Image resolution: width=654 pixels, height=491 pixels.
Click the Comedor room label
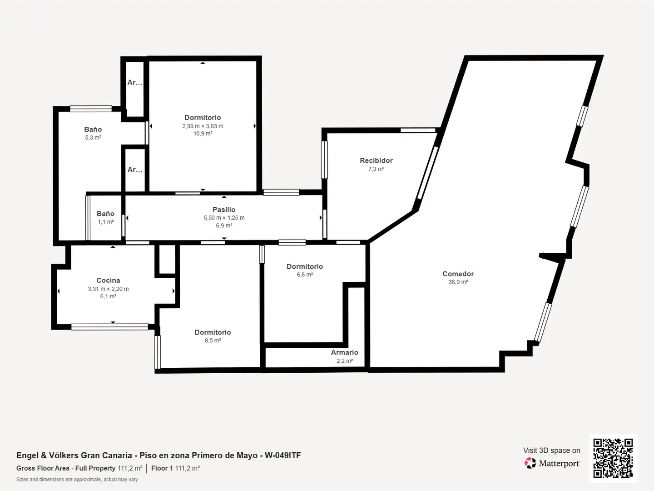(458, 274)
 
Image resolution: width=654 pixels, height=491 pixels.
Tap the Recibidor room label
(376, 160)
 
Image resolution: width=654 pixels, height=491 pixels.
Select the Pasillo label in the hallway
(224, 210)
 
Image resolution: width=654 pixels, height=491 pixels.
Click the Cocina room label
(108, 280)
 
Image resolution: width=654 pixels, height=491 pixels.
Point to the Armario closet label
(344, 352)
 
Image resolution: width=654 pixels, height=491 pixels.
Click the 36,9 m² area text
(458, 282)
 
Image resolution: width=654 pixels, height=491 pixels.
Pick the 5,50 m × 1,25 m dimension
(224, 218)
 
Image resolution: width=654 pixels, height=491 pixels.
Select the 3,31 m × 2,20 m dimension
(108, 289)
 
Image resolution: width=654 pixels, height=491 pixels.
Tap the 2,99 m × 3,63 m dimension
(203, 126)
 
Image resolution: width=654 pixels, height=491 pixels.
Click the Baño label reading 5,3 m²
(93, 130)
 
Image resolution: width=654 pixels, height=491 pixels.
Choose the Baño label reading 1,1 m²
(105, 214)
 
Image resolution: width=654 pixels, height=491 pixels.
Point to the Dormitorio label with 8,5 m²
(213, 332)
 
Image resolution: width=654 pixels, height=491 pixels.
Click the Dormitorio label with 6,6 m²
(304, 266)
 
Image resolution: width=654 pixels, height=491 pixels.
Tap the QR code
(613, 458)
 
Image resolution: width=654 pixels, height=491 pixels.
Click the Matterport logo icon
(530, 463)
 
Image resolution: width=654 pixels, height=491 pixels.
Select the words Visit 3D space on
(551, 451)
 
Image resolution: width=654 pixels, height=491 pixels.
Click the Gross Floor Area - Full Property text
(66, 468)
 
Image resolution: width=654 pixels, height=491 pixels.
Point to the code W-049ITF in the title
(283, 455)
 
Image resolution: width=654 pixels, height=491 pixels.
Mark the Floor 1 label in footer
(162, 468)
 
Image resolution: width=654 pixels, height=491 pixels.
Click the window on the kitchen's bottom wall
(109, 327)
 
